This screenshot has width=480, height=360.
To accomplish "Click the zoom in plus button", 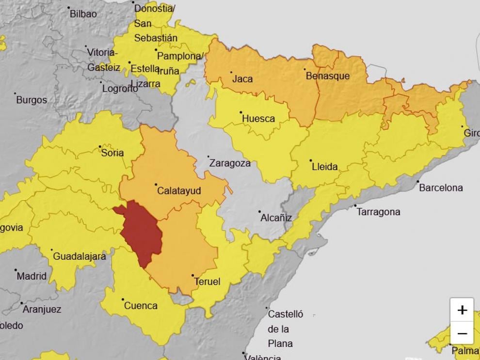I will [x=462, y=310].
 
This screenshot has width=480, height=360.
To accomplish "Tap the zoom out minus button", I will [x=462, y=333].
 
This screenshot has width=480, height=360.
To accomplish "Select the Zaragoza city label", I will [x=230, y=163].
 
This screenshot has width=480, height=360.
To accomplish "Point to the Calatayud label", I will [x=179, y=191].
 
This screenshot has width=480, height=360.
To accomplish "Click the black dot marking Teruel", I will [x=193, y=275].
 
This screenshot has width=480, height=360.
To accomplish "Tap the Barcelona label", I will [x=441, y=188].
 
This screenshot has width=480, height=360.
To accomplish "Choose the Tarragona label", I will [x=379, y=212].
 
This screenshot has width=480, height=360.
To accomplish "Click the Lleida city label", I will [x=325, y=167].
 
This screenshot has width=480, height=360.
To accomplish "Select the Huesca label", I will [x=258, y=119].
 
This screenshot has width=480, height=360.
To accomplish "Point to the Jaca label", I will [x=242, y=78].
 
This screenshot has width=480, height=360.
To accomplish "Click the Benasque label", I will [x=327, y=76].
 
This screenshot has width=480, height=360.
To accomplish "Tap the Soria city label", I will [x=112, y=153].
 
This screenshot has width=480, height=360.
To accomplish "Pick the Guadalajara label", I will [x=79, y=256].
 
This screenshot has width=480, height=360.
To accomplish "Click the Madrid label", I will [x=32, y=276].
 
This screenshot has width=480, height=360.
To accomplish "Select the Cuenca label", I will [x=141, y=306].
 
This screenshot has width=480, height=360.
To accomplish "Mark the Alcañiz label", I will [x=276, y=218].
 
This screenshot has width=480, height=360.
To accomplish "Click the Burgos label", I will [x=32, y=100].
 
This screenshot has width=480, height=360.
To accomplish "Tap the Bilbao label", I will [x=83, y=14].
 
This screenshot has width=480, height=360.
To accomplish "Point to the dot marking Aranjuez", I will [x=22, y=303].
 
